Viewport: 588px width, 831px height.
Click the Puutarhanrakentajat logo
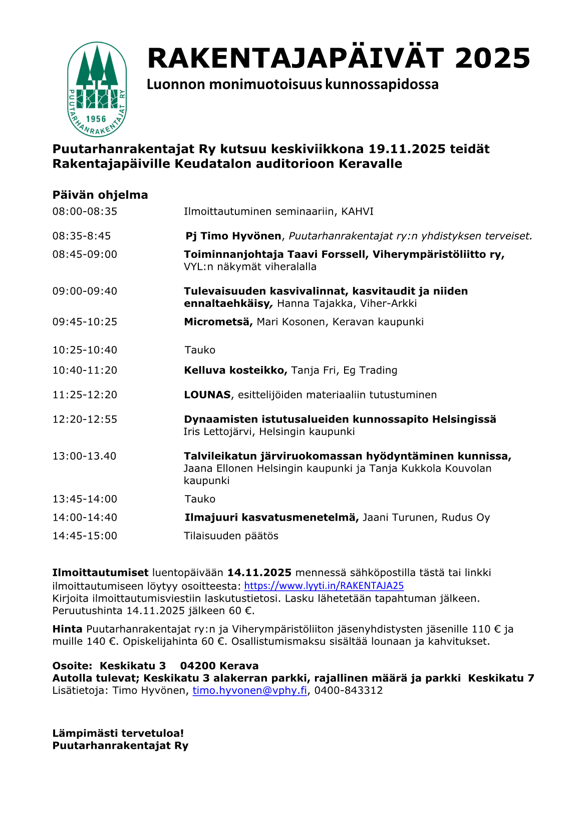coord(97,89)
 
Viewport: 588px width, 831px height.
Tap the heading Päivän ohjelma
coord(100,195)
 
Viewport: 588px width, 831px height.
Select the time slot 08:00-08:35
coord(85,212)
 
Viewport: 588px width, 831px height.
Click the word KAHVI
coord(357,212)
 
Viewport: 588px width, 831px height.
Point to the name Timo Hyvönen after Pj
coord(241,236)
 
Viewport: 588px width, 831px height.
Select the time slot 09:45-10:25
coord(85,322)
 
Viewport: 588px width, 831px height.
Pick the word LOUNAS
coord(207,395)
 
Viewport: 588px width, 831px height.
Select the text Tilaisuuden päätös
coord(231,536)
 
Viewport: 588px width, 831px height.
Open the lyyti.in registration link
coord(324,586)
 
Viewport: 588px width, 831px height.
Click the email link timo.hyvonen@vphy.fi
coord(249,691)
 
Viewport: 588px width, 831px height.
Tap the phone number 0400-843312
coord(349,691)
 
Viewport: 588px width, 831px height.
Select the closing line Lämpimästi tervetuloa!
coord(118,733)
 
